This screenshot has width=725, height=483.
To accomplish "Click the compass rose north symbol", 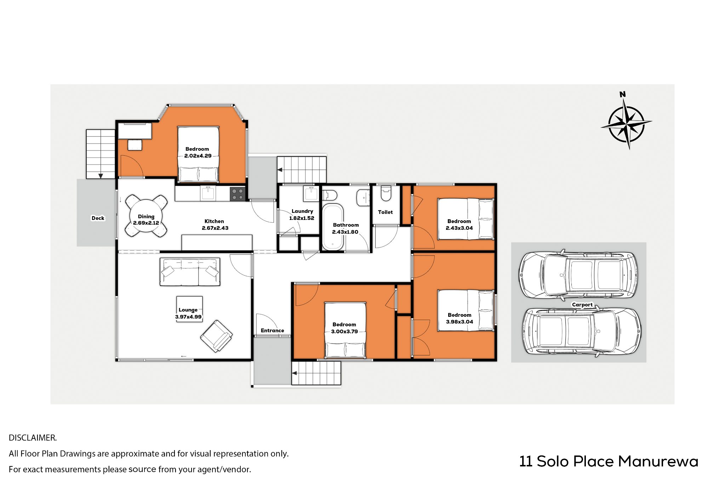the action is [627, 121].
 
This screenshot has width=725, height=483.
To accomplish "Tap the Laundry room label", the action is [302, 211].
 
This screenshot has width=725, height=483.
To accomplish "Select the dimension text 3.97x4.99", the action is [188, 317].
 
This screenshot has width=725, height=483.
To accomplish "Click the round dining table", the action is [146, 216].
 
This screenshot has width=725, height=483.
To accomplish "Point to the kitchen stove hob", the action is [238, 194].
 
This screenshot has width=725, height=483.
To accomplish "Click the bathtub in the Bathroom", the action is [332, 227].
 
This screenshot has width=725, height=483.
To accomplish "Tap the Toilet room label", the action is [386, 212].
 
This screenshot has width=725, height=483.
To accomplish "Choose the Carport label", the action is [582, 305].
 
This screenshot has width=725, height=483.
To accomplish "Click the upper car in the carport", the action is [578, 274].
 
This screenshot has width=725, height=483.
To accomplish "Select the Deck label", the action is [98, 218].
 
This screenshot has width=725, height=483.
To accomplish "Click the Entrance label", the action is [272, 331].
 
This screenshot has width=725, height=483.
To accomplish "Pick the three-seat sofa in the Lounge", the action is [190, 272].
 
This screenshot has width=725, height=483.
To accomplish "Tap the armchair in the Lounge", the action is [216, 336].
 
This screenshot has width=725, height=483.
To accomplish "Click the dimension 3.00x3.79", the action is [344, 332].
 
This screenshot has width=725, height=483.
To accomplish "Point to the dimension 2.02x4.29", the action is [198, 156].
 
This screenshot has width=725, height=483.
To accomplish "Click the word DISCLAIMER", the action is [33, 438].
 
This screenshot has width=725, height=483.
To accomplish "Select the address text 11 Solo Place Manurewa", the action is [609, 461].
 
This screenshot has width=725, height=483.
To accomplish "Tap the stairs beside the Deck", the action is [101, 154].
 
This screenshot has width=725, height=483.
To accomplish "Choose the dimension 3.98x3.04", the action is [459, 322].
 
